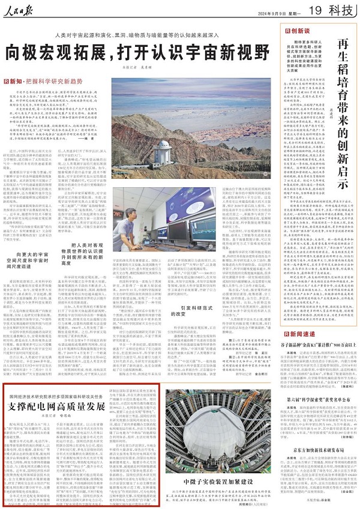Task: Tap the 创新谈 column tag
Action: click(294, 29)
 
